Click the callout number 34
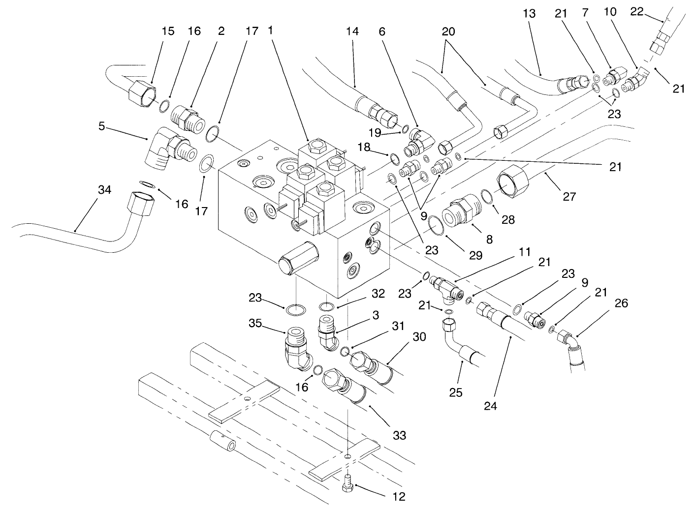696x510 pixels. pos(104,190)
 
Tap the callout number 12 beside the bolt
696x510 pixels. pos(399,497)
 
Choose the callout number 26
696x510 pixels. pos(621,303)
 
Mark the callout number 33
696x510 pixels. pos(399,435)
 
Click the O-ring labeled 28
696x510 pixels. pos(486,195)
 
